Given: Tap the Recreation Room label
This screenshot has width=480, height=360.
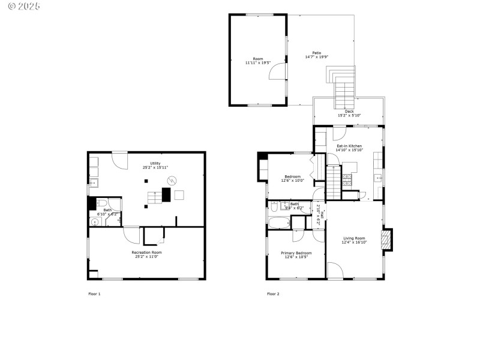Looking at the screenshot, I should [147, 252].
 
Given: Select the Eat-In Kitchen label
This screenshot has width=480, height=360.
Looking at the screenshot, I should [348, 146].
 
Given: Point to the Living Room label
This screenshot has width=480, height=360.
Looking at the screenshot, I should [353, 238].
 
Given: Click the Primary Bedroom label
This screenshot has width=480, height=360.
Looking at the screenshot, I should [296, 253].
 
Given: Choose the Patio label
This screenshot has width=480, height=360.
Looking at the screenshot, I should [316, 53].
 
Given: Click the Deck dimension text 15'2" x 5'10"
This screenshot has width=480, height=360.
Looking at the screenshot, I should [349, 115].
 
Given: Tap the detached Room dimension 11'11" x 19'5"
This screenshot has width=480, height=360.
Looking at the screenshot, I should [258, 62].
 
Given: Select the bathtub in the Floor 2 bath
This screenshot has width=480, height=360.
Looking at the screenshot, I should [279, 223].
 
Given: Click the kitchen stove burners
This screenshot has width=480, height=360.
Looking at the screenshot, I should [347, 178].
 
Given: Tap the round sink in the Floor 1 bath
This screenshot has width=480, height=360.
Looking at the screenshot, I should [95, 222].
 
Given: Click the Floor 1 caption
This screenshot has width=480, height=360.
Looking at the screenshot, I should [95, 294].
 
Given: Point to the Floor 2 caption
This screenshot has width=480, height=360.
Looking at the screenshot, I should [273, 294].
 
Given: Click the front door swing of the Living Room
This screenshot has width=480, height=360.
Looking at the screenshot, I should [336, 271].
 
